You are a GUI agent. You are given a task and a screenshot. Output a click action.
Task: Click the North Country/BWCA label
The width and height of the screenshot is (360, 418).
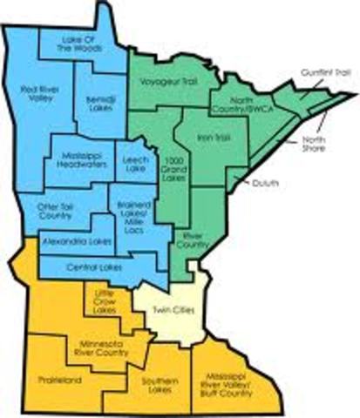[x=234, y=110]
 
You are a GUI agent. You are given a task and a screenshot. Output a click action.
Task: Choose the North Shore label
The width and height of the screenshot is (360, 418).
[x=315, y=144]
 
